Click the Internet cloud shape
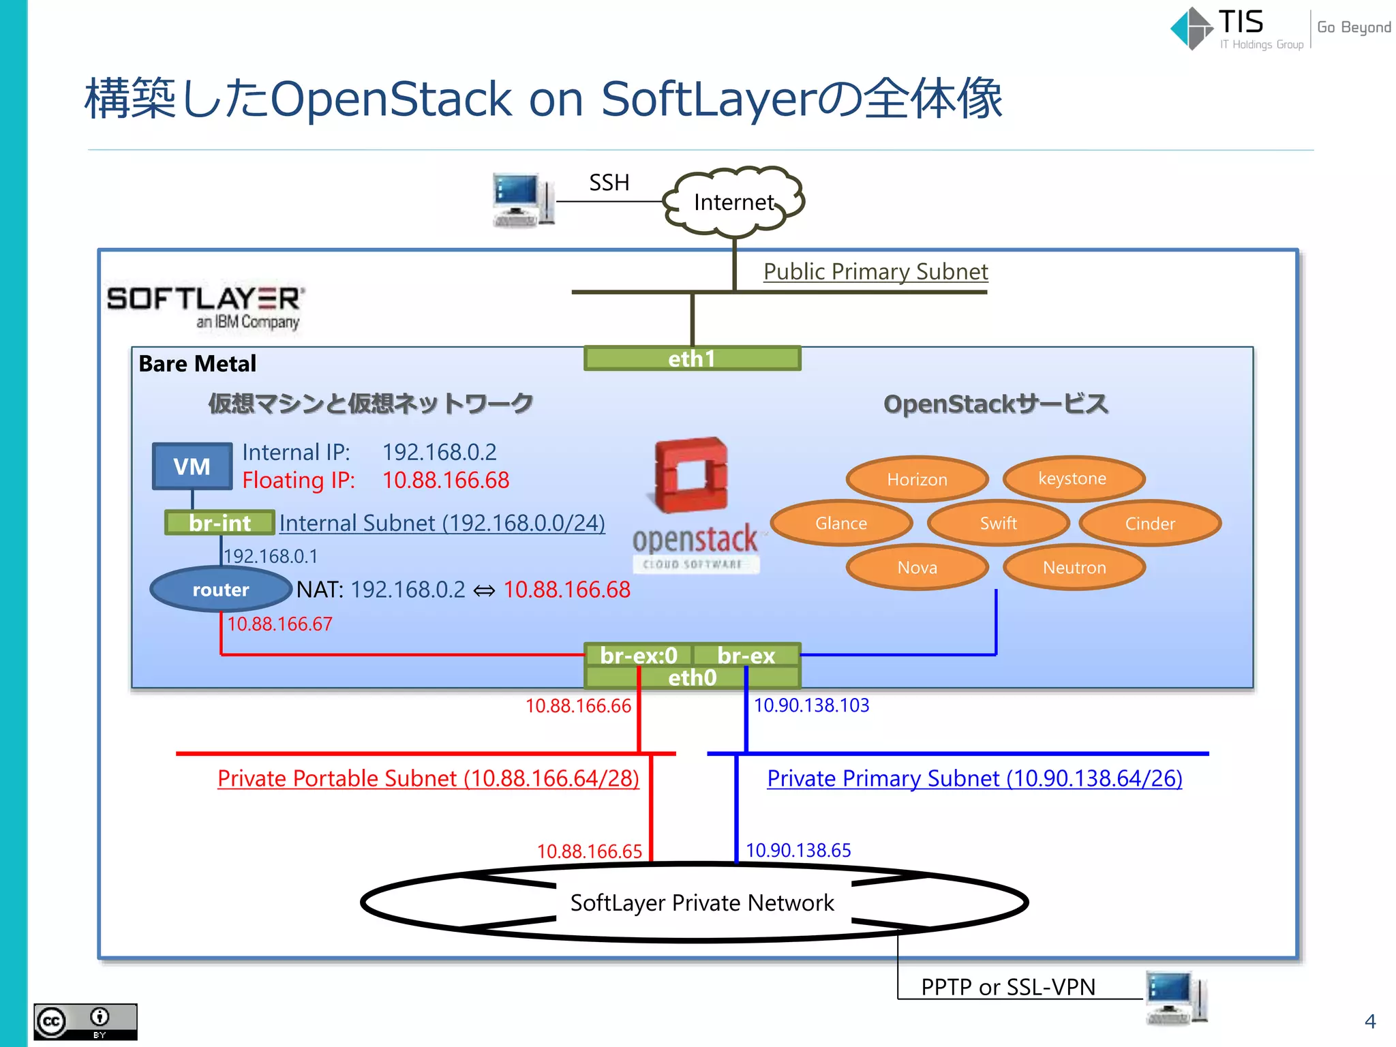pyautogui.click(x=734, y=202)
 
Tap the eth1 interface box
pyautogui.click(x=692, y=359)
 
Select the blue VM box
pyautogui.click(x=192, y=467)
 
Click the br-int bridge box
pyautogui.click(x=219, y=523)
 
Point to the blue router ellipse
pyautogui.click(x=220, y=590)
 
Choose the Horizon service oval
pyautogui.click(x=917, y=479)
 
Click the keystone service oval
pyautogui.click(x=1072, y=479)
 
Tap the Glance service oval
pyautogui.click(x=841, y=523)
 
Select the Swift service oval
pyautogui.click(x=998, y=523)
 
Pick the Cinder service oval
pyautogui.click(x=1150, y=523)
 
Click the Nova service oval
pyautogui.click(x=917, y=567)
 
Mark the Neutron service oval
pyautogui.click(x=1074, y=567)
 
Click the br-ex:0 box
pyautogui.click(x=639, y=655)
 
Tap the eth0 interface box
pyautogui.click(x=692, y=678)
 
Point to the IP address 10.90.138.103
pyautogui.click(x=811, y=705)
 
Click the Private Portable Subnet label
pyautogui.click(x=428, y=778)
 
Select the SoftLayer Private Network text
pyautogui.click(x=702, y=902)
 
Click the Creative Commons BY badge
pyautogui.click(x=85, y=1021)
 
